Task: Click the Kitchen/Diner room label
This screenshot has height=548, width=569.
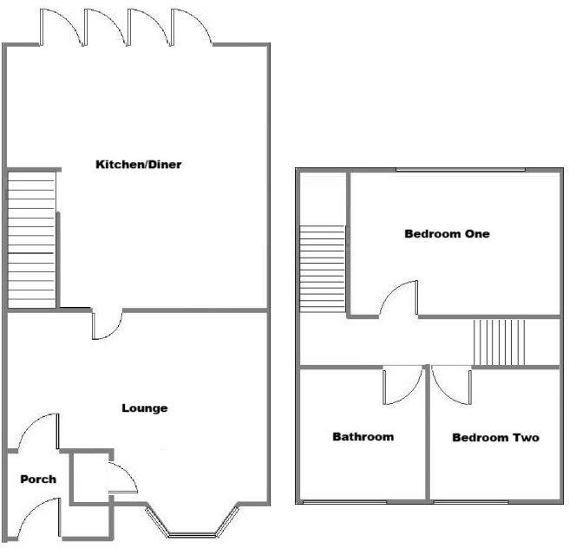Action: coord(139,165)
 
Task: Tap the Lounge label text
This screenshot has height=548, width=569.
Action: coord(145,408)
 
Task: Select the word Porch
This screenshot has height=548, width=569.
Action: coord(38,479)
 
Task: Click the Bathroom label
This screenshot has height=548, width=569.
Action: coord(363,437)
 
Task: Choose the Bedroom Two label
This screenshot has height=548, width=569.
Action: coord(495,438)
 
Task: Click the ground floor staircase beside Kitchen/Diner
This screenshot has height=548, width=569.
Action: coord(32,238)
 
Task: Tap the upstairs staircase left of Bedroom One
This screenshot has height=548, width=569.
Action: coord(323,269)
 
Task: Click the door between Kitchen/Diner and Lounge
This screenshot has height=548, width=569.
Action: coord(108,324)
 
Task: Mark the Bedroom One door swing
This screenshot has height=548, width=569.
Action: coord(399,299)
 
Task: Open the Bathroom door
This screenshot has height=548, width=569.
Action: coord(402,385)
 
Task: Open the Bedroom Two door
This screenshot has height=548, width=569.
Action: coord(450,383)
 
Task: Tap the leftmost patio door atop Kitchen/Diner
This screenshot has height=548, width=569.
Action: coord(60,26)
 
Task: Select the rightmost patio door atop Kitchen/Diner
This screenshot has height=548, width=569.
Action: coord(192,26)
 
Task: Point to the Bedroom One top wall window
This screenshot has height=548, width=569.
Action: coord(461,170)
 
